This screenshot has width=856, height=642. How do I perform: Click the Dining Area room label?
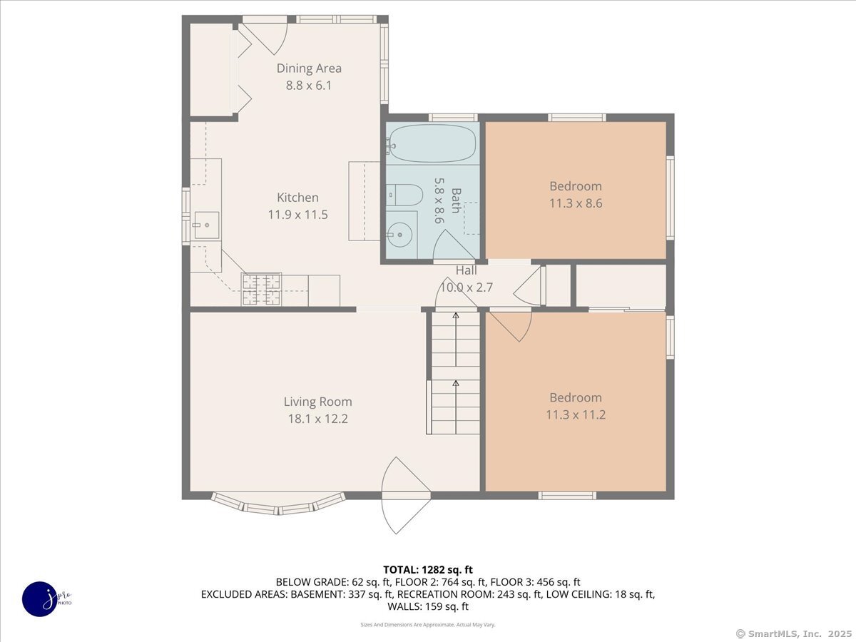(x=309, y=68)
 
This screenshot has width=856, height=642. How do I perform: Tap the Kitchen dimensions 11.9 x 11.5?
(x=298, y=215)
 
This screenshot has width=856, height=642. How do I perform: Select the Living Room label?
(x=318, y=402)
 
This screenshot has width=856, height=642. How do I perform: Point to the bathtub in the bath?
(x=433, y=143)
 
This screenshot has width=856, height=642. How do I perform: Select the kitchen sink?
(x=206, y=225)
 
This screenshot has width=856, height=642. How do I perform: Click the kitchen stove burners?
(x=261, y=289)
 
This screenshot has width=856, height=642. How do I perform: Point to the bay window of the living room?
(x=278, y=505)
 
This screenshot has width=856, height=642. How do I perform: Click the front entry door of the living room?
(x=406, y=496)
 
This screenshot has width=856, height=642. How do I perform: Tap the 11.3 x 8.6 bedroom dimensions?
(x=576, y=203)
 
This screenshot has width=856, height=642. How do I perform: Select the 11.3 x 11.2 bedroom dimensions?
(x=576, y=414)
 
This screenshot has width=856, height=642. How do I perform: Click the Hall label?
(x=467, y=270)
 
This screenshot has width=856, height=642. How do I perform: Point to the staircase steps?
(x=456, y=372)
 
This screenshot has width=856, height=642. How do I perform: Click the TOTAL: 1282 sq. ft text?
(x=428, y=570)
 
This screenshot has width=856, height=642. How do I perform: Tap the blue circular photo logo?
(x=40, y=599)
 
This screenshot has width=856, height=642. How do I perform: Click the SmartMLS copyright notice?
(x=794, y=634)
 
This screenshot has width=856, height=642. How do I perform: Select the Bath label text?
(x=456, y=200)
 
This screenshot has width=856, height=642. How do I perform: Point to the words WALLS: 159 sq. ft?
(x=428, y=606)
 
